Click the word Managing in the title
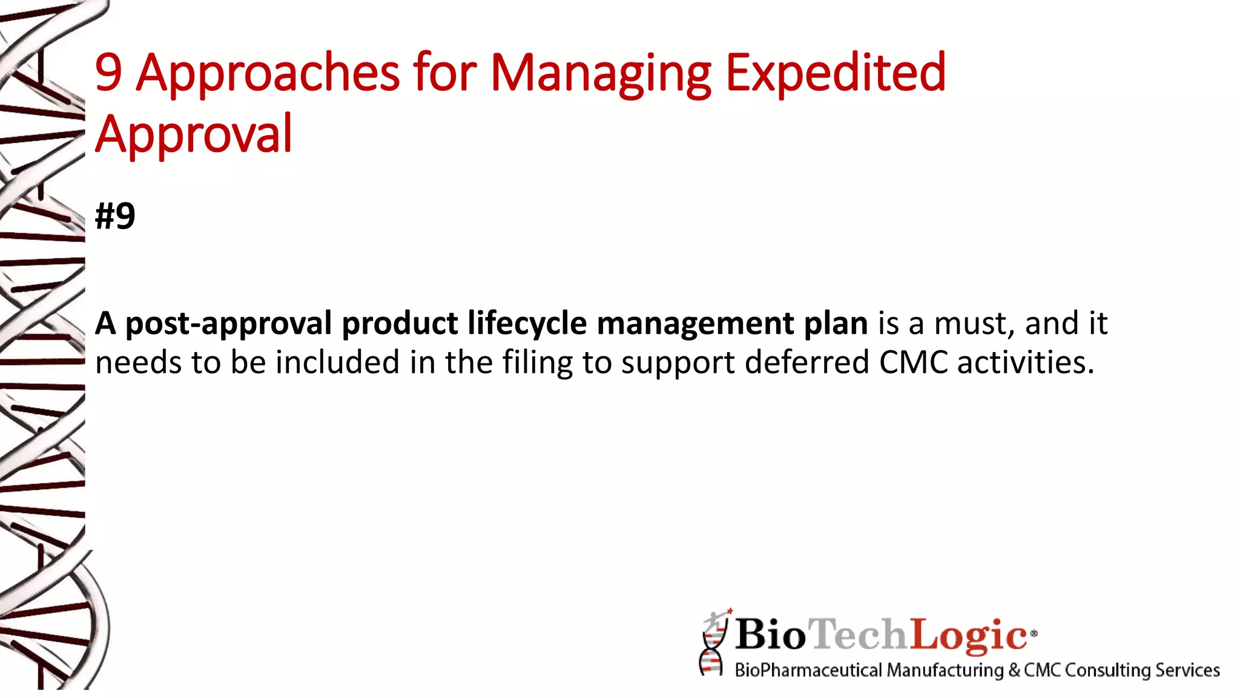[x=600, y=73]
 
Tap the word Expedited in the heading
[x=835, y=73]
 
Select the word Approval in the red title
[x=194, y=134]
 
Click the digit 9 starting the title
[x=108, y=73]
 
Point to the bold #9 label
[x=115, y=216]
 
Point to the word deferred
[x=807, y=363]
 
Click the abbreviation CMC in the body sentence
[x=914, y=363]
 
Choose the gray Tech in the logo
[x=859, y=634]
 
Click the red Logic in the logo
[x=969, y=634]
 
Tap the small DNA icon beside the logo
[x=713, y=643]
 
